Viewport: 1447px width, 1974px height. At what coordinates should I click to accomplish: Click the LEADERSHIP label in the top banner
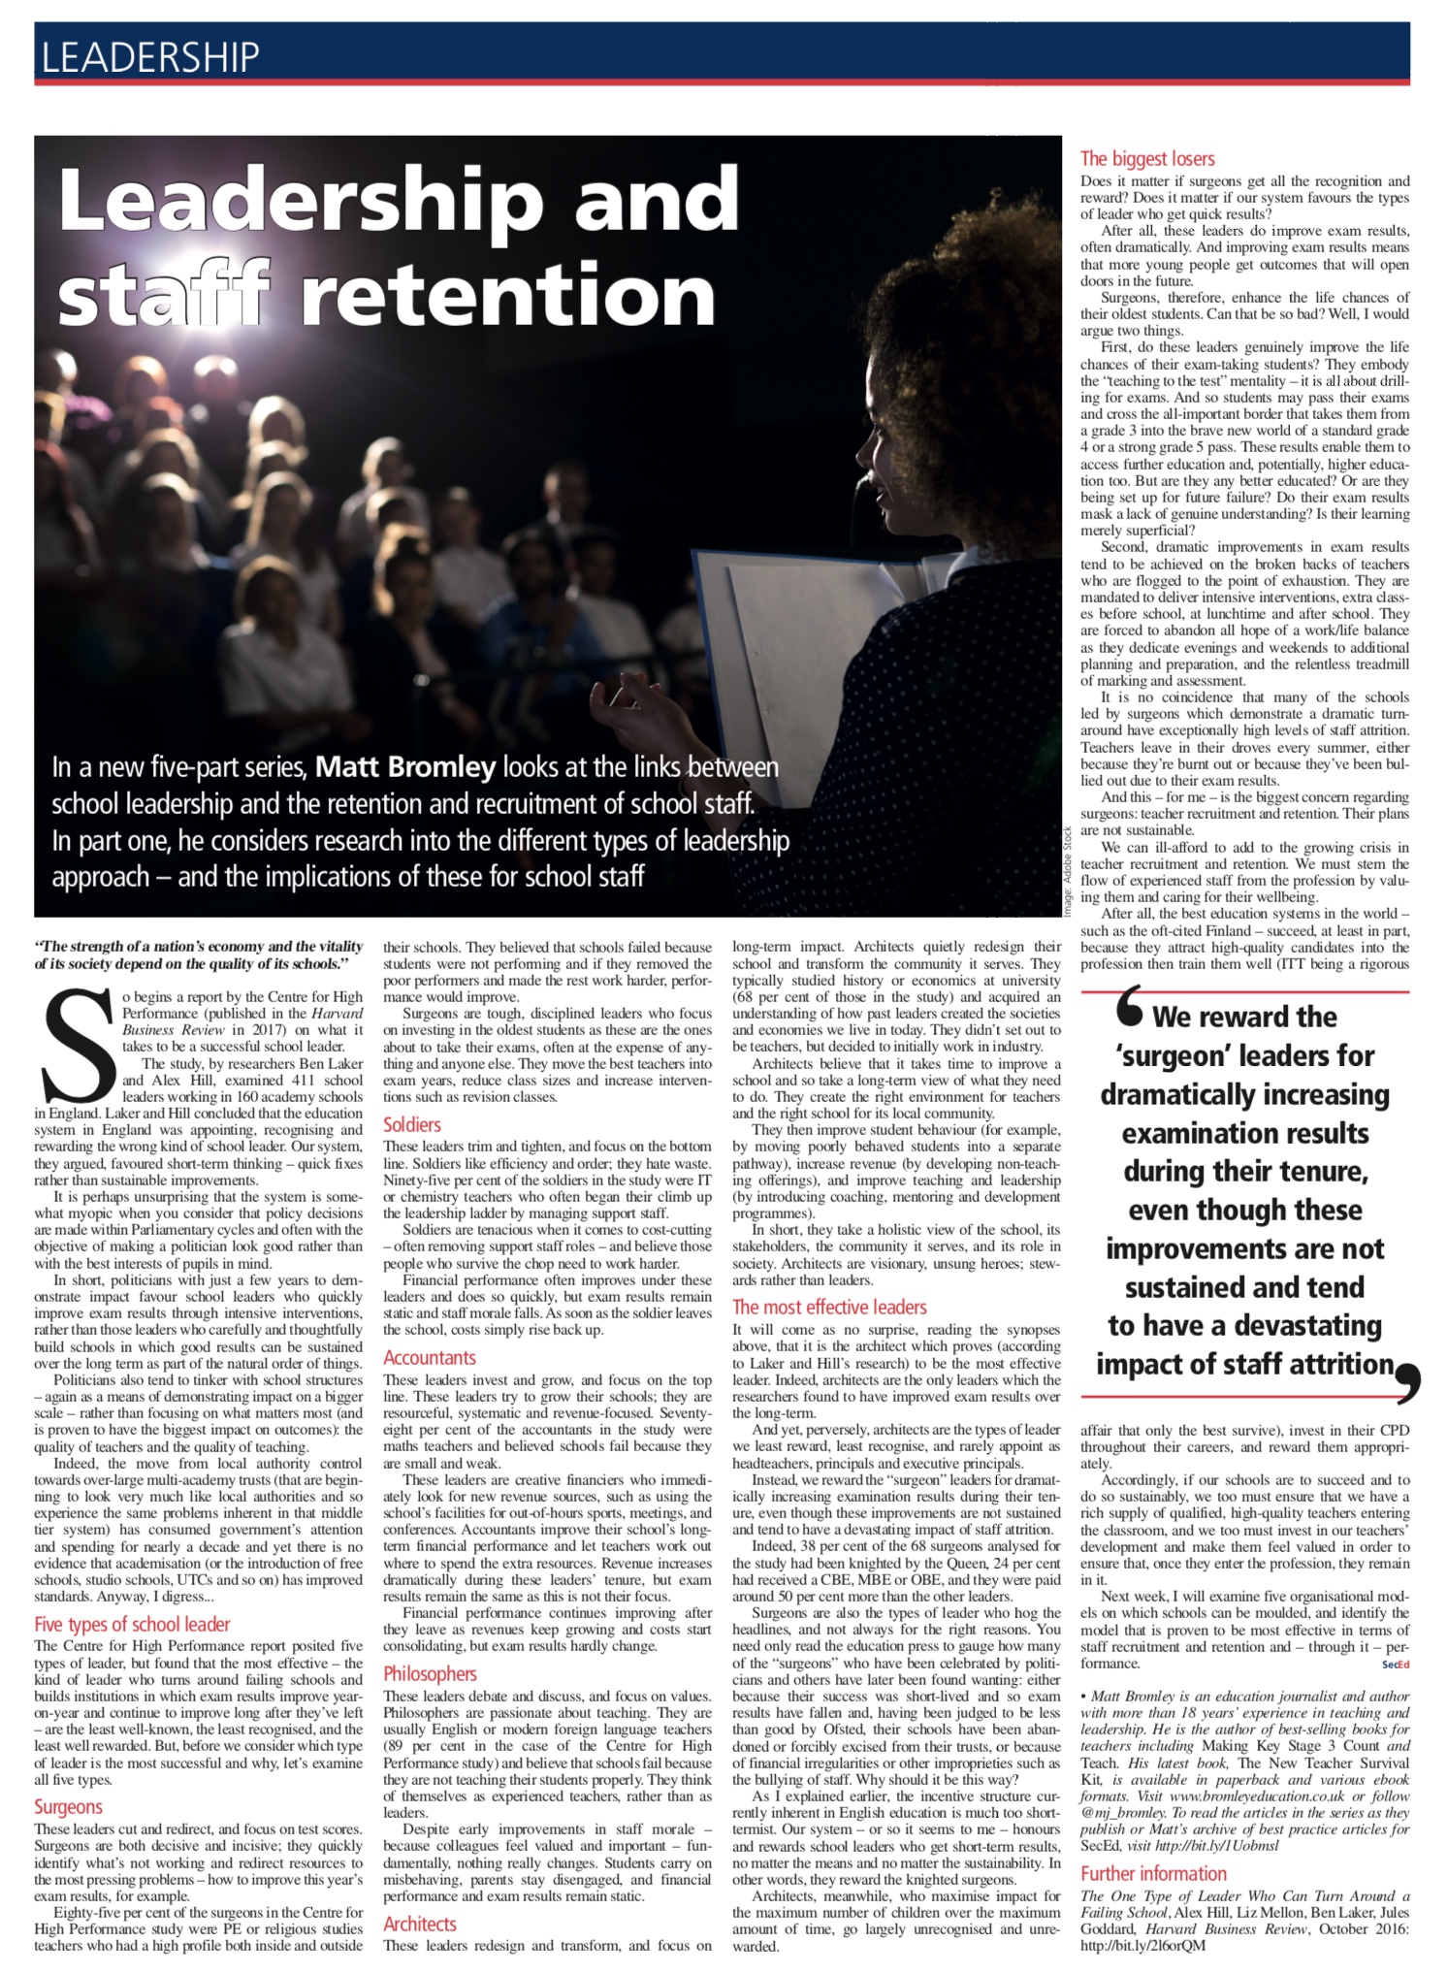coord(151,57)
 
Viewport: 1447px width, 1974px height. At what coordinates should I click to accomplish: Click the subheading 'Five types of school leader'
coord(132,1624)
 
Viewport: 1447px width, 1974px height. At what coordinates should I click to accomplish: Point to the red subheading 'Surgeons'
coord(68,1806)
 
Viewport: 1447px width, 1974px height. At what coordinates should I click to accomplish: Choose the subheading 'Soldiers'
coord(412,1124)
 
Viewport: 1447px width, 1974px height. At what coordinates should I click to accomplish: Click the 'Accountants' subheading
coord(430,1357)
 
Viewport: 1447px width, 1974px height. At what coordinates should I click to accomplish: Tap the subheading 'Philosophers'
coord(430,1673)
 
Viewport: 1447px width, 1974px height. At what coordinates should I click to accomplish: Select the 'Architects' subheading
coord(419,1924)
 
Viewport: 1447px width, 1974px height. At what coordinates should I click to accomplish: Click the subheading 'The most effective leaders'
coord(829,1307)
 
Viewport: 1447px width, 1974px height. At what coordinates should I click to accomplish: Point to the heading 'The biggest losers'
coord(1147,158)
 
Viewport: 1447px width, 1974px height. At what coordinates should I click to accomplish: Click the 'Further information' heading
coord(1153,1873)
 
